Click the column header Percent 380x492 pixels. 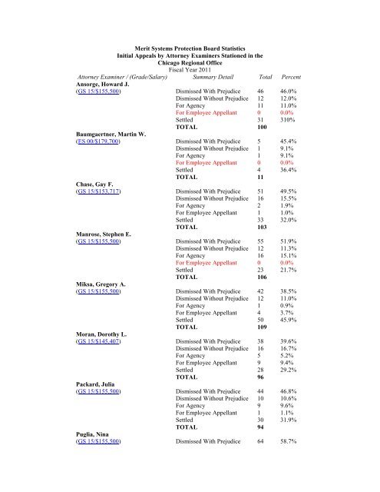pyautogui.click(x=296, y=78)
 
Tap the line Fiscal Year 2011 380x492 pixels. pyautogui.click(x=190, y=70)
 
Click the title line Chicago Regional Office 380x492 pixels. pyautogui.click(x=190, y=62)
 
